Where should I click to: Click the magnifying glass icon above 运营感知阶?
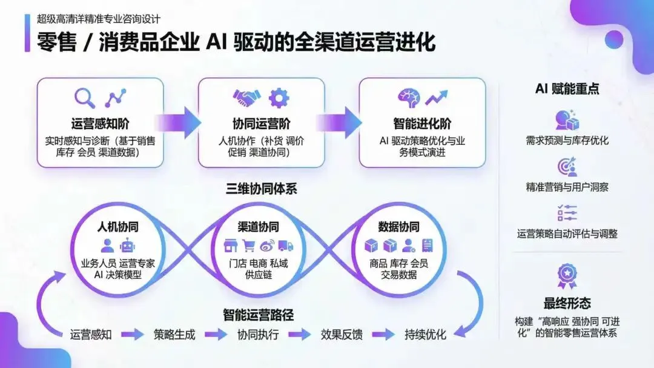coord(85,98)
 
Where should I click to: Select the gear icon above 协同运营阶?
coord(279,97)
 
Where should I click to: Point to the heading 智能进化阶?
coord(422,124)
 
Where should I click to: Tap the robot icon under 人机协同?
coord(127,246)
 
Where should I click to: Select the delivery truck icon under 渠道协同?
coord(286,246)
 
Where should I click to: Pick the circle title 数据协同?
coord(398,227)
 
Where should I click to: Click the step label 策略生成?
coord(174,334)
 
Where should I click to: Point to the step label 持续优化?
coord(425,334)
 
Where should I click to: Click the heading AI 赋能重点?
coord(567,89)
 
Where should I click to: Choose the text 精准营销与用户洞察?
coord(567,187)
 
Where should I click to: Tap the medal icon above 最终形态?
coord(567,276)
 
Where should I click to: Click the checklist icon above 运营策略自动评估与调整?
coord(567,213)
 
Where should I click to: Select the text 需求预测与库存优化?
coord(567,140)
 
